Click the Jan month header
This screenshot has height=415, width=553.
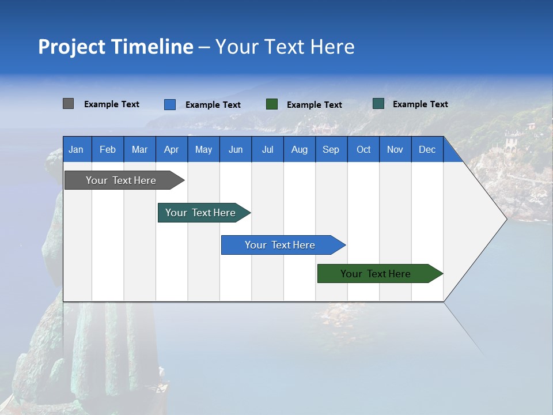click(76, 149)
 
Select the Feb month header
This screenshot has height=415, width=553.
click(108, 149)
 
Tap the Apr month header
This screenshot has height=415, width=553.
click(171, 149)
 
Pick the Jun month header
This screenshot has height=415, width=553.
click(236, 149)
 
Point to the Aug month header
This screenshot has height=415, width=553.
click(299, 149)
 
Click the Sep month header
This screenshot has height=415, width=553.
click(331, 149)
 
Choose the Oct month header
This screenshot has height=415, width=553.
click(363, 149)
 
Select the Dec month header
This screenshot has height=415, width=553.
click(427, 149)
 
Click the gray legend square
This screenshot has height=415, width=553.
click(68, 104)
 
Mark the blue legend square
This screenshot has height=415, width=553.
click(170, 104)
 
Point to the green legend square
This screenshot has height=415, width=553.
click(272, 104)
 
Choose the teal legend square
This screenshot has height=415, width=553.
click(378, 104)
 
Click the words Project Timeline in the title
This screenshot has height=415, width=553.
click(116, 47)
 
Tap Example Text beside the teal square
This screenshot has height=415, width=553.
click(420, 104)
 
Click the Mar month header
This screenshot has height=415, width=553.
click(139, 149)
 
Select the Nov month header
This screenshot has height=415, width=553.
click(395, 149)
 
